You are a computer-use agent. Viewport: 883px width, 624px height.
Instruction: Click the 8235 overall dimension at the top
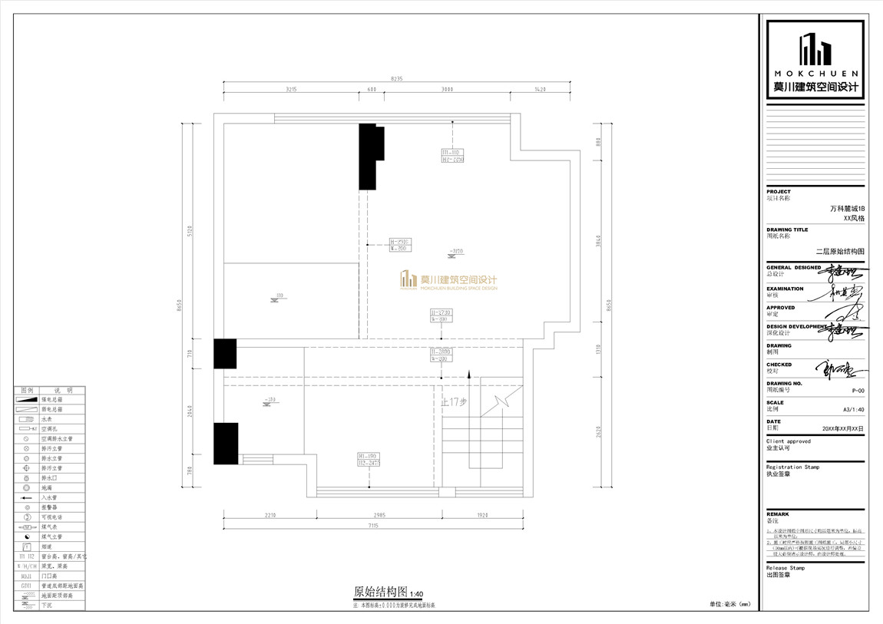(x=397, y=78)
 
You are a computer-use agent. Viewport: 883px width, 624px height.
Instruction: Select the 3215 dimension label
(x=291, y=90)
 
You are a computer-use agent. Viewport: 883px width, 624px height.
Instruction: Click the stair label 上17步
(x=454, y=401)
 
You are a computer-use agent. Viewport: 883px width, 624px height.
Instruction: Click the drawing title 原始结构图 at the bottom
(x=380, y=592)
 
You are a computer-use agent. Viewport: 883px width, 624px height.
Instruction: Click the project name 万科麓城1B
(x=847, y=208)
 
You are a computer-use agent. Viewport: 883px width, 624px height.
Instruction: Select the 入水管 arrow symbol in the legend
(x=26, y=498)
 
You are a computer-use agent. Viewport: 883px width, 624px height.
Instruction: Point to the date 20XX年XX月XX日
(x=842, y=429)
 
